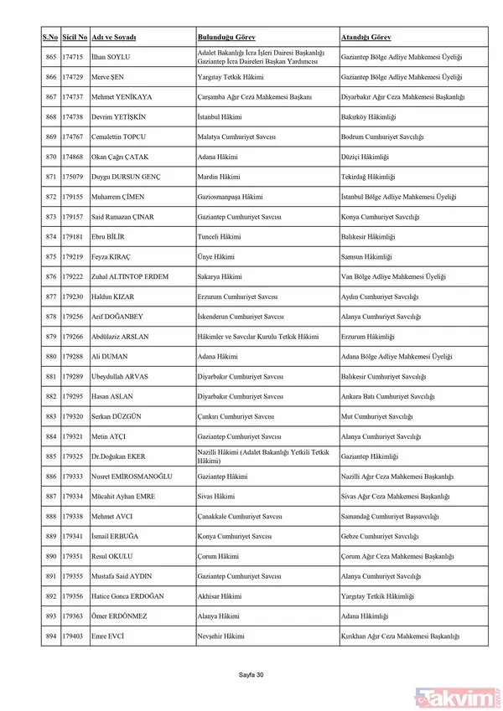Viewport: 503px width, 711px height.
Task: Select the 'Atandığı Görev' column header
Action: (365, 39)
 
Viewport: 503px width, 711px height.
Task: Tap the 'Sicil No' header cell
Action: (75, 39)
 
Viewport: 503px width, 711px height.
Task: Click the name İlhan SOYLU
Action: (111, 57)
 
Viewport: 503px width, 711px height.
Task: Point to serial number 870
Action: (50, 157)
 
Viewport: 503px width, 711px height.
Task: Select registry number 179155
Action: (74, 197)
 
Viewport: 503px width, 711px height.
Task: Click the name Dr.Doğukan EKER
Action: (119, 456)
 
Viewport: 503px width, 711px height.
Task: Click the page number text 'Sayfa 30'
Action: (251, 674)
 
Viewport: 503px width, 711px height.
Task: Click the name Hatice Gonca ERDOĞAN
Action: (128, 596)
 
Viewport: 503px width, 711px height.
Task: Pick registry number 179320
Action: (74, 416)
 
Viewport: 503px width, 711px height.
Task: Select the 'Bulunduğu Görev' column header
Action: (226, 39)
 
